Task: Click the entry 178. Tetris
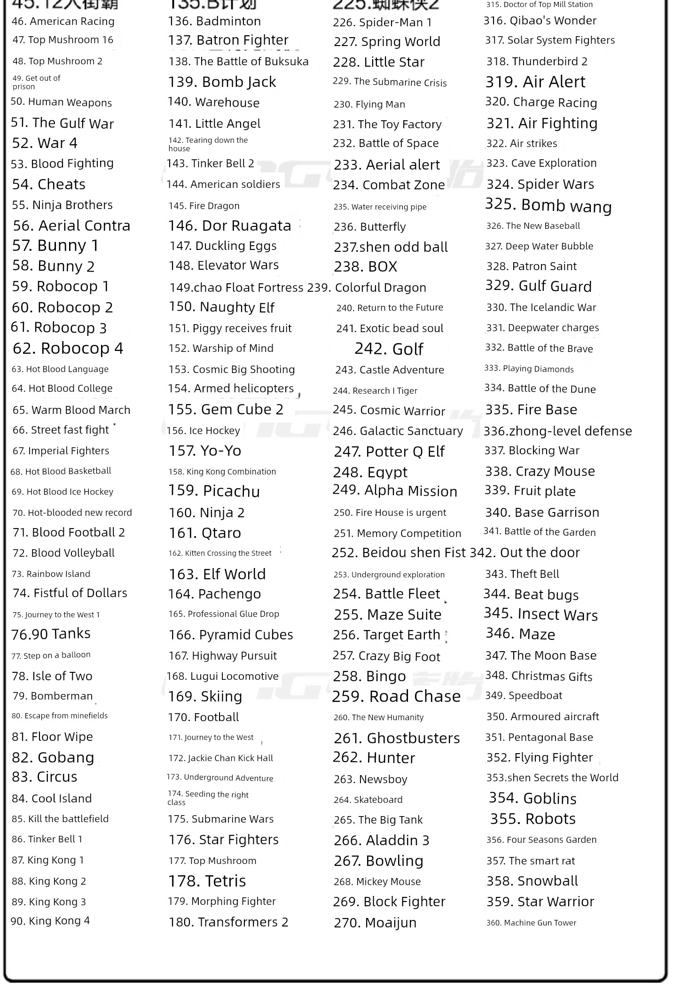click(207, 881)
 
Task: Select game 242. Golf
click(389, 349)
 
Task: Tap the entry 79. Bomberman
click(53, 696)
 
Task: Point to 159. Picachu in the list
click(214, 491)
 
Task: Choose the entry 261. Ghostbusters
click(397, 738)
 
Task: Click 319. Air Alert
click(535, 82)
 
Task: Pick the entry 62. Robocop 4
click(68, 348)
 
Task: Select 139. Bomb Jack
click(222, 82)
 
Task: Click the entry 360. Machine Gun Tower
click(531, 923)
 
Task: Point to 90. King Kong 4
click(50, 921)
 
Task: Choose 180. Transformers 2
click(228, 922)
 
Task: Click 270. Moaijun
click(375, 923)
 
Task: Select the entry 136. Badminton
click(214, 21)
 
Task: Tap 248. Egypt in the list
click(370, 472)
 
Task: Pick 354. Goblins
click(533, 798)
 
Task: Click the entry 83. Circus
click(45, 777)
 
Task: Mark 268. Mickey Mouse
click(377, 881)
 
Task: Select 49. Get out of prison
click(36, 82)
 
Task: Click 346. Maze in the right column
click(520, 634)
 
